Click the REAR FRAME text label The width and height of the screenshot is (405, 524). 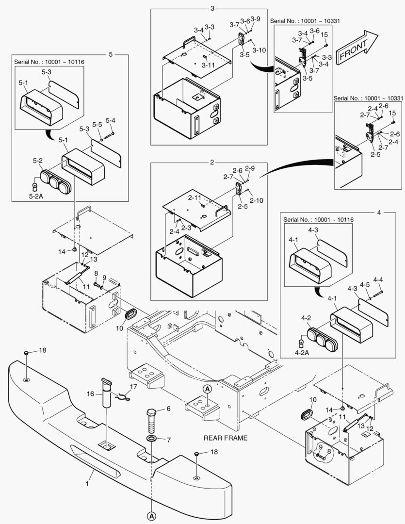(x=226, y=438)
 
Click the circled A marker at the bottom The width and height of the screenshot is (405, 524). (x=151, y=515)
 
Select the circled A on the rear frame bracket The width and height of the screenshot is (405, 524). (x=207, y=389)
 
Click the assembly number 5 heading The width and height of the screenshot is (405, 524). (x=110, y=54)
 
